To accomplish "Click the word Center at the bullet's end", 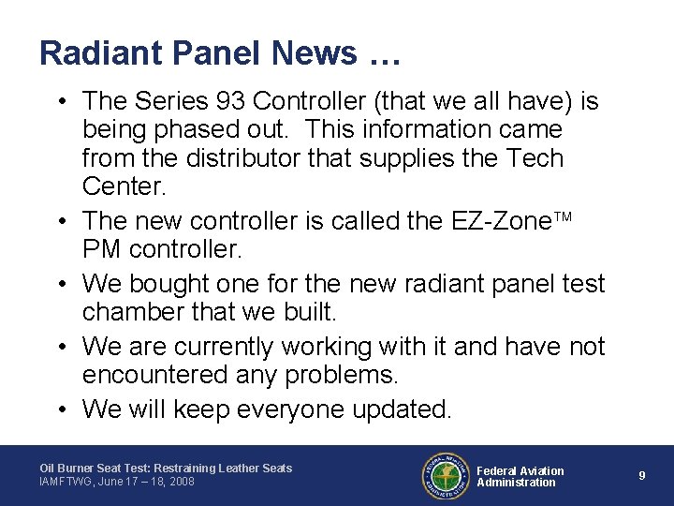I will click(124, 187).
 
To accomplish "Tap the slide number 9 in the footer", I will click(642, 475).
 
